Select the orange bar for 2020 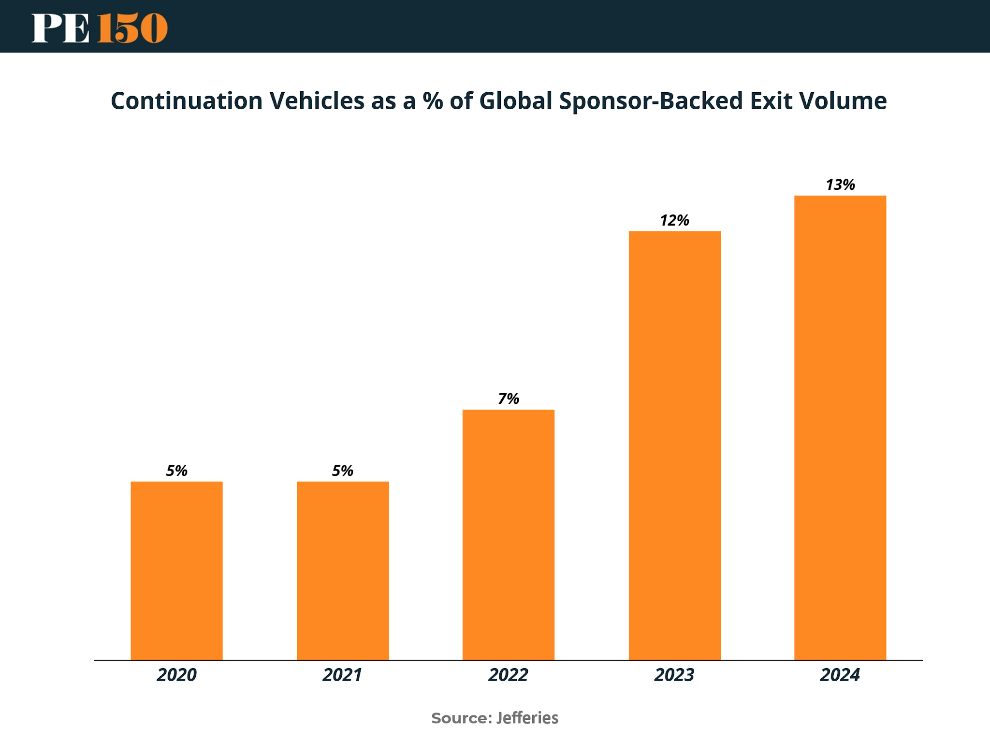(x=176, y=571)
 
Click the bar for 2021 (x=343, y=571)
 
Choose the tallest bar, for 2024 (x=840, y=428)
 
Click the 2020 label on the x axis (x=176, y=675)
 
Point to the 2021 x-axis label (x=343, y=675)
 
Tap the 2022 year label (x=509, y=675)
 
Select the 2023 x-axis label (x=674, y=675)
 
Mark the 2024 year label (x=840, y=675)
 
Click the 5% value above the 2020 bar (x=176, y=471)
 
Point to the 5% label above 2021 (x=343, y=471)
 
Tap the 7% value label (x=509, y=399)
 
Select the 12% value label (x=674, y=220)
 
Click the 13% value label (x=840, y=185)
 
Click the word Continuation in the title (x=187, y=101)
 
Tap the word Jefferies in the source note (x=527, y=718)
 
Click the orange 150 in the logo (x=132, y=28)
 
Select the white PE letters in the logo (x=61, y=28)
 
